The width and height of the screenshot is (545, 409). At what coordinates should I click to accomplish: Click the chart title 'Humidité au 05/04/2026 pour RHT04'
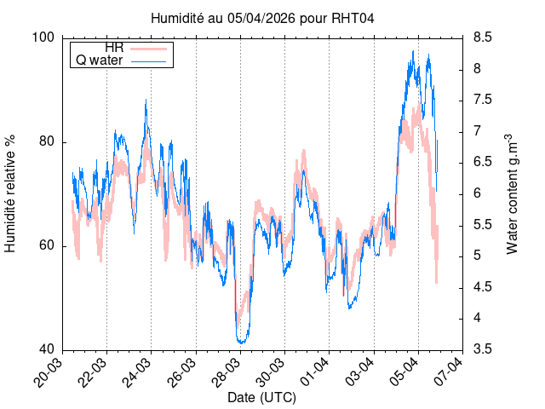(262, 17)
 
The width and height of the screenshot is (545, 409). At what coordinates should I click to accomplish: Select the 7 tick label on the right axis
(475, 131)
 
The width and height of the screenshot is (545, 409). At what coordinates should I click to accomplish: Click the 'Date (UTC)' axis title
(262, 398)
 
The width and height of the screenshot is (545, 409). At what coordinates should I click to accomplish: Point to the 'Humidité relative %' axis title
(11, 193)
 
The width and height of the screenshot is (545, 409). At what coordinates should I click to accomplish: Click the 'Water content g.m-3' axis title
(512, 193)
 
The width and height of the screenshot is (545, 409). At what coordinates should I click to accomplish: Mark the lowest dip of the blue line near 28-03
(242, 343)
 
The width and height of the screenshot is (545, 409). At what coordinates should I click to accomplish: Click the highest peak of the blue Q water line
(413, 51)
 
